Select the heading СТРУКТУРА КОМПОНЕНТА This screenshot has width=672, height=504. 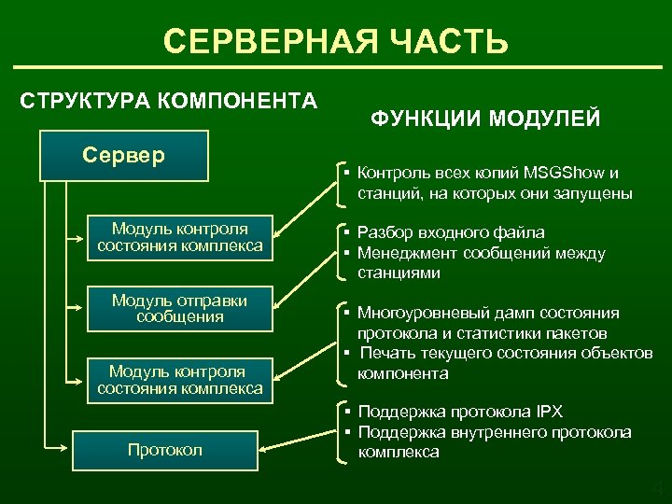(x=168, y=100)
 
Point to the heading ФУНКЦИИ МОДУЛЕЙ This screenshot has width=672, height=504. (x=485, y=119)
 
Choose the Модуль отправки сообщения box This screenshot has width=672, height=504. (x=180, y=308)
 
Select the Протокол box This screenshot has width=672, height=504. (x=164, y=450)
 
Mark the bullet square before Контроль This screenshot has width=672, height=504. (x=345, y=175)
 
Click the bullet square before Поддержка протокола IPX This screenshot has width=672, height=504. (x=345, y=413)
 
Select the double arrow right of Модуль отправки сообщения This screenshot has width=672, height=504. (x=299, y=302)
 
